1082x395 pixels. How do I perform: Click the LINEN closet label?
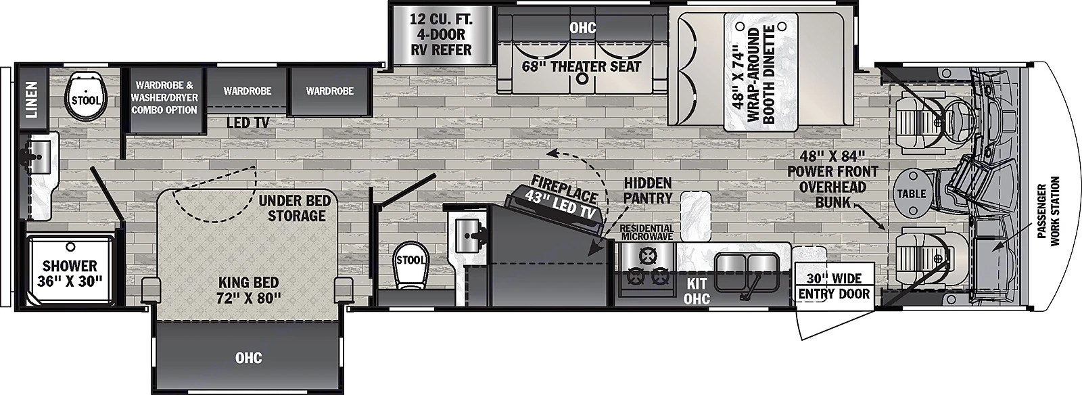coord(32,99)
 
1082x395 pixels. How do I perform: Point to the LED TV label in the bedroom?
coord(248,122)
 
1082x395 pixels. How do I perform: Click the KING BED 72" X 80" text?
coord(248,289)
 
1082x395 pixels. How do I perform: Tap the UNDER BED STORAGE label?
coord(296,208)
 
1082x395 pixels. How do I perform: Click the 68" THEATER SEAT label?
coord(582,66)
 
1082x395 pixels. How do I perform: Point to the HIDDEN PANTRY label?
coord(647,190)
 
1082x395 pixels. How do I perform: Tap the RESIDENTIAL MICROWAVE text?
coord(646,233)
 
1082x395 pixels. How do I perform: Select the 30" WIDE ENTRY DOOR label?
coord(834,286)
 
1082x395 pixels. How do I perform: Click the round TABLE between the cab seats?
coord(911,193)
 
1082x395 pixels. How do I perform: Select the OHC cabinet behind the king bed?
coord(248,357)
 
